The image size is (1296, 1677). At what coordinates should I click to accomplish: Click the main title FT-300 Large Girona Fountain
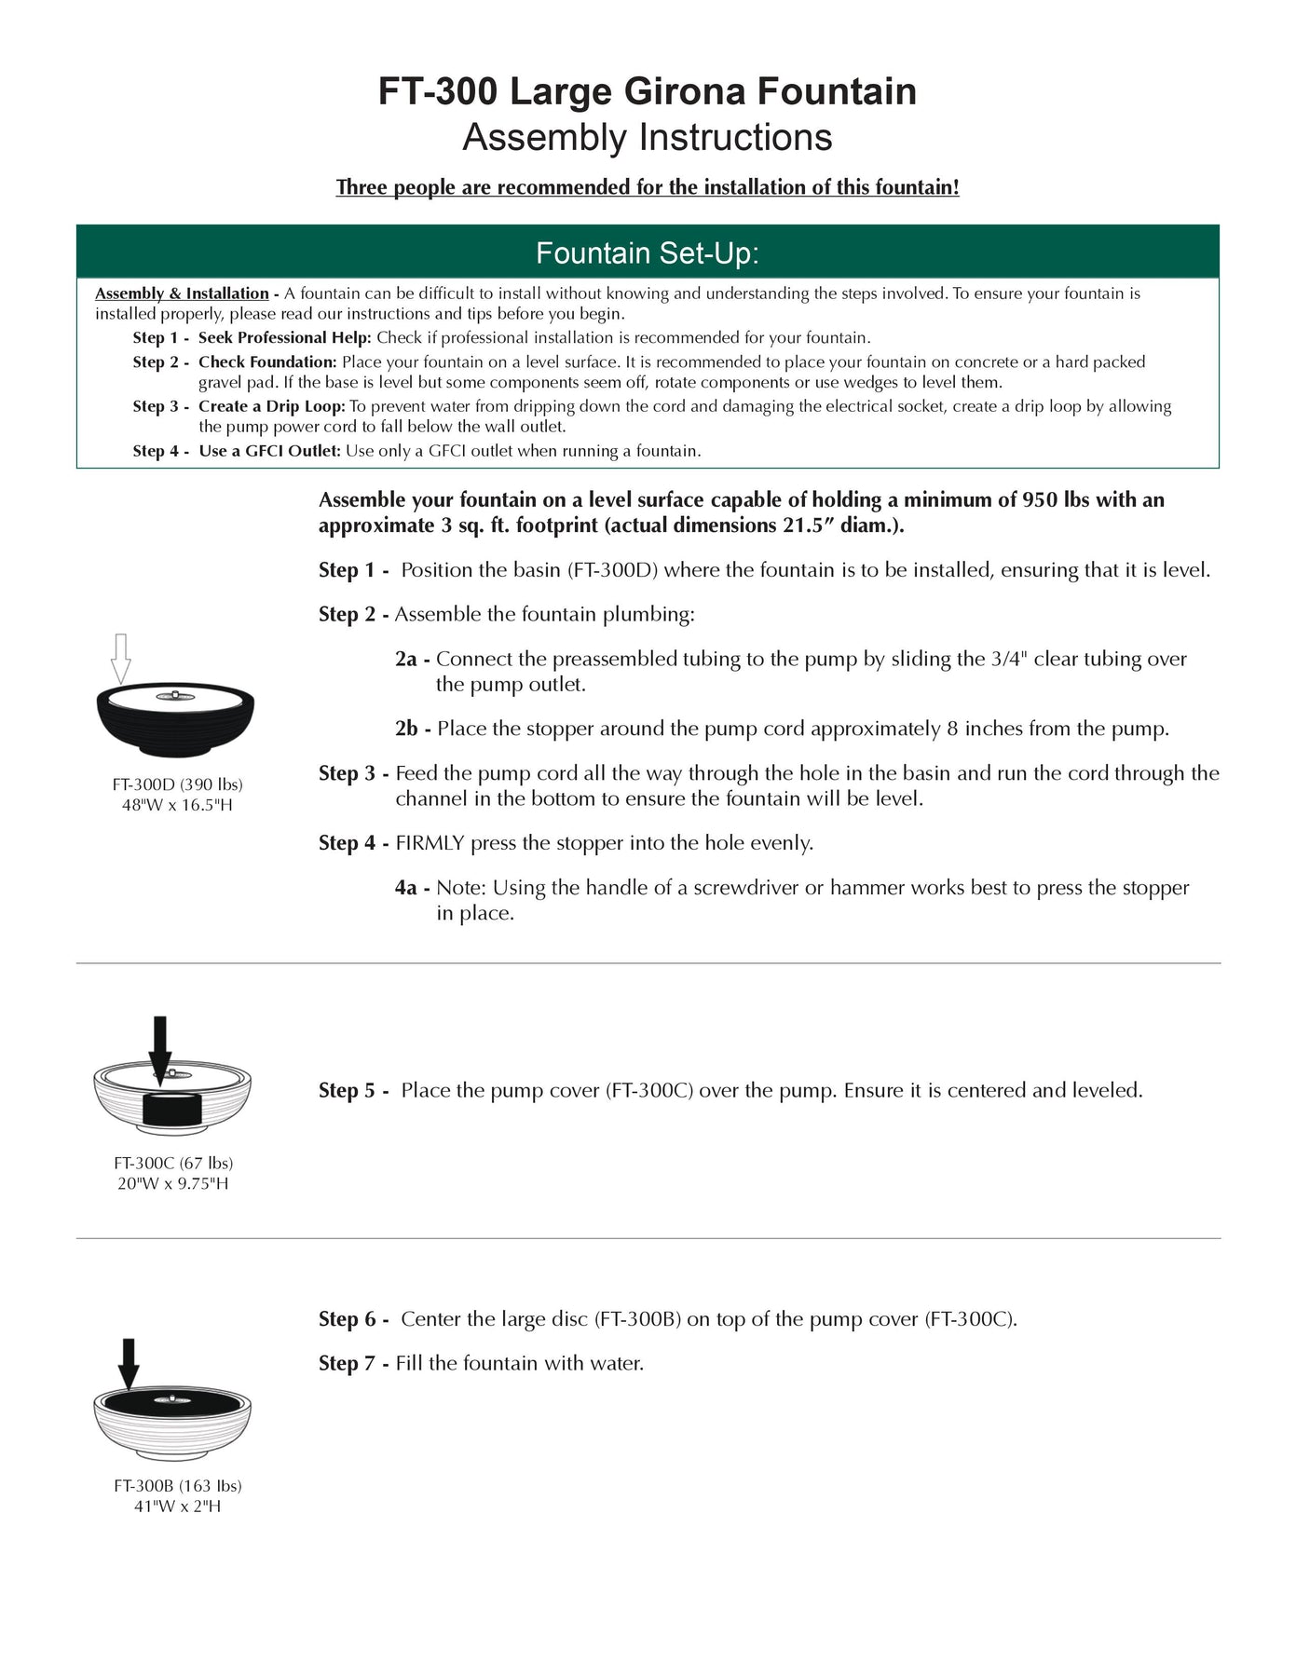tap(647, 91)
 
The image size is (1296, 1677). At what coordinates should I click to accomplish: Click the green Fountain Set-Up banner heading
tap(647, 252)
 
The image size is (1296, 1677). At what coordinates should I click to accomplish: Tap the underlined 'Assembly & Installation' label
tap(182, 293)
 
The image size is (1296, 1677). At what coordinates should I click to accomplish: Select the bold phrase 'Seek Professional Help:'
tap(284, 337)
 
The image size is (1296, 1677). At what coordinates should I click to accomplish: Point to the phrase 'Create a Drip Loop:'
tap(271, 406)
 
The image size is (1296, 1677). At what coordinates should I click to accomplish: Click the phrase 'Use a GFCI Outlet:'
tap(269, 451)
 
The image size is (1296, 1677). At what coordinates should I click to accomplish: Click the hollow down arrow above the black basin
tap(120, 658)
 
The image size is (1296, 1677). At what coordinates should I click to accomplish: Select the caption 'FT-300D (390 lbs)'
tap(177, 784)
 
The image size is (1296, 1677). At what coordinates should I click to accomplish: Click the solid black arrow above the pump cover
tap(160, 1048)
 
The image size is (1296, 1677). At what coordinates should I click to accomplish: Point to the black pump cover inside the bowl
tap(172, 1109)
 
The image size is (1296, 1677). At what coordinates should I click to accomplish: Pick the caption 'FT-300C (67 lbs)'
tap(173, 1163)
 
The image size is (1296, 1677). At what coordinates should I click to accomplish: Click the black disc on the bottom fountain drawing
tap(173, 1403)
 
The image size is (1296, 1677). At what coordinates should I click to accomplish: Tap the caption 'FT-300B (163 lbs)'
tap(177, 1486)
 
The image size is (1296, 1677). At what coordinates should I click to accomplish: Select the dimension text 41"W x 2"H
tap(177, 1507)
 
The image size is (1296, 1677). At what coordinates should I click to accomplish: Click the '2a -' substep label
tap(412, 660)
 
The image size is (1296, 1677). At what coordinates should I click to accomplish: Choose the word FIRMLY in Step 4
tap(430, 843)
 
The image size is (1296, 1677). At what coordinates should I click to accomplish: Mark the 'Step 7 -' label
tap(353, 1364)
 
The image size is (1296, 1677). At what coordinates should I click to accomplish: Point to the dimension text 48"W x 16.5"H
tap(177, 805)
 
